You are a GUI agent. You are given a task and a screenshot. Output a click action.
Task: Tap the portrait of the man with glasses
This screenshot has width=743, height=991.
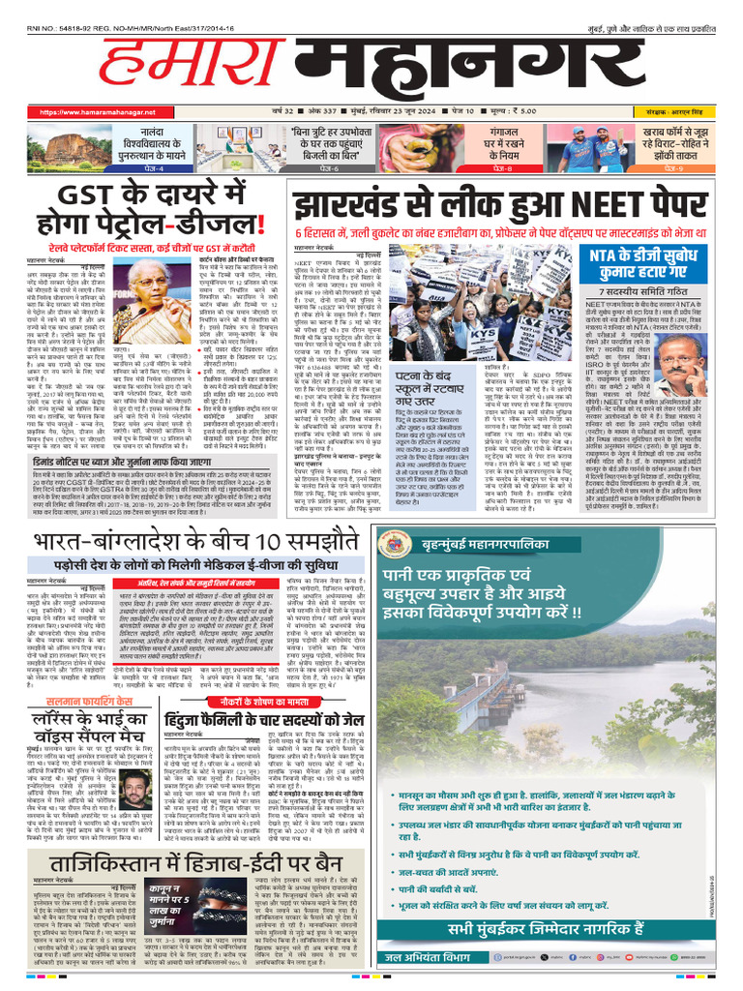(682, 363)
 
